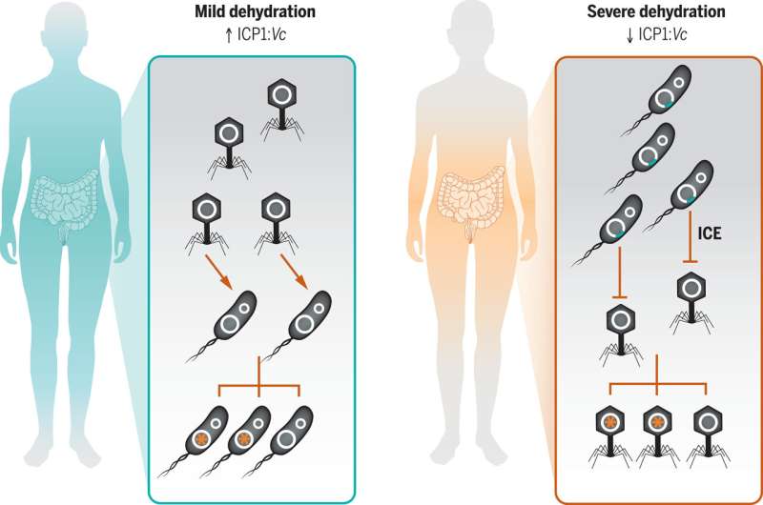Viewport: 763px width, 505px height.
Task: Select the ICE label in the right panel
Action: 714,229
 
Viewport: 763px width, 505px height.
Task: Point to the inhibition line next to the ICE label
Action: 690,238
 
